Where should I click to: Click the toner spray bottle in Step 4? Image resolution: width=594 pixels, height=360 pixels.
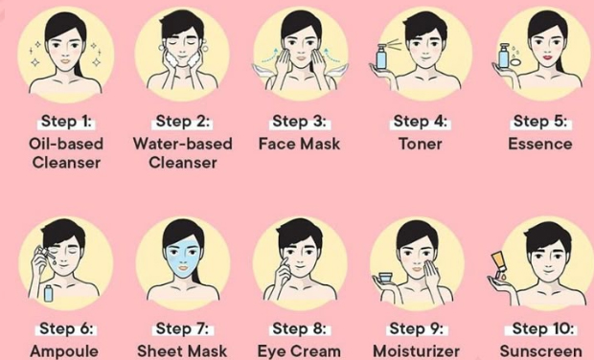coord(381,56)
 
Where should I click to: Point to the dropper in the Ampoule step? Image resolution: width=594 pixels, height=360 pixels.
coord(45,254)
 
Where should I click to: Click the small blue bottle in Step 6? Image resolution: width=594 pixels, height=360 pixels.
coord(48,293)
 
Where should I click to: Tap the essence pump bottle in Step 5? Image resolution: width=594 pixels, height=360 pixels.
coord(503,56)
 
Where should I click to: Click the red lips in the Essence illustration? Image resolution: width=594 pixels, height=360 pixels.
coord(547,57)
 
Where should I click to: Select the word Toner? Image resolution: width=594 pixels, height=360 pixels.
coord(421,144)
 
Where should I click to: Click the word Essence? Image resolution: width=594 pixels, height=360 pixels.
coord(539,144)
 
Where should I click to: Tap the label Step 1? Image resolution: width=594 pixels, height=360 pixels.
coord(66,122)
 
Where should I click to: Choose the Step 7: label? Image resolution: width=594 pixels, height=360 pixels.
coord(182,328)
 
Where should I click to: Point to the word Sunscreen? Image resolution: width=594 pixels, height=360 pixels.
coord(541,351)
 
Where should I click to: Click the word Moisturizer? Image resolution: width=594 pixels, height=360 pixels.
coord(417,351)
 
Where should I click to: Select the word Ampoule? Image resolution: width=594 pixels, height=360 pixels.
coord(64,352)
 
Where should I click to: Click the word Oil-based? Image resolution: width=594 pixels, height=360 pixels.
coord(66,144)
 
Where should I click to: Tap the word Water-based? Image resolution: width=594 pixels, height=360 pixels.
coord(183,144)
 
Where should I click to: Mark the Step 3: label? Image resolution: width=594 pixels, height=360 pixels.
coord(299,122)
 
